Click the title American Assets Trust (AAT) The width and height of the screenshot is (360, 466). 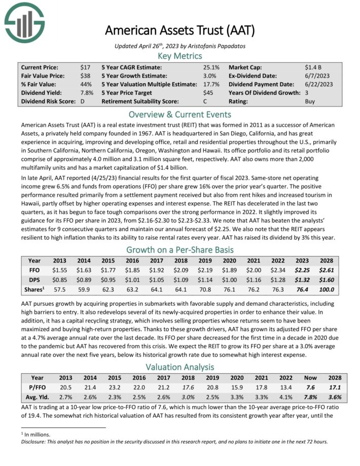[179, 30]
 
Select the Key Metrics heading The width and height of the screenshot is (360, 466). [179, 56]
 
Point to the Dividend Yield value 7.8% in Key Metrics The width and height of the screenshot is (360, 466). [87, 93]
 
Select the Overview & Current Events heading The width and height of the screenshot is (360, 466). [179, 114]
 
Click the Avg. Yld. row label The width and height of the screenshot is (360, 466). [37, 397]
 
